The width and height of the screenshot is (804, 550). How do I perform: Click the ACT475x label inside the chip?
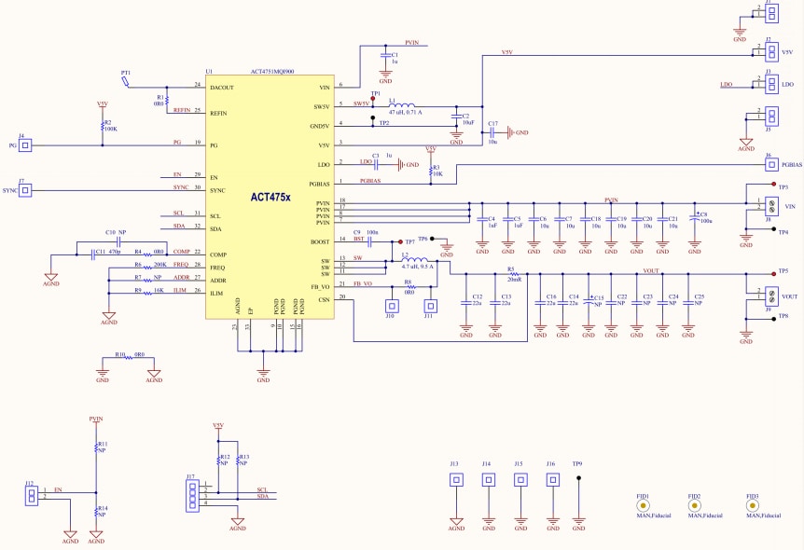[x=270, y=198]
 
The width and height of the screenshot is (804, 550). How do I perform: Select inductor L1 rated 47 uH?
[x=404, y=104]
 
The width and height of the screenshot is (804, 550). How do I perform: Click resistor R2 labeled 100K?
[x=102, y=125]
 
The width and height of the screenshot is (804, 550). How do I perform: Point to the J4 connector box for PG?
[x=26, y=145]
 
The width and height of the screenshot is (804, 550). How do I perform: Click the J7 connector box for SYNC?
[x=26, y=190]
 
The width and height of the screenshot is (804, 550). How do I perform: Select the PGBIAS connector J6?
[x=769, y=165]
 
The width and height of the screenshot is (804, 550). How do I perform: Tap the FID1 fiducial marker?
[x=644, y=504]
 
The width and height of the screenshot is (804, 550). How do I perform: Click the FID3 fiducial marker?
[x=753, y=504]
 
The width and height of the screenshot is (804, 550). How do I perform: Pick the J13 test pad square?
[x=456, y=480]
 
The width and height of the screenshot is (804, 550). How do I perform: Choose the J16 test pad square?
[x=551, y=480]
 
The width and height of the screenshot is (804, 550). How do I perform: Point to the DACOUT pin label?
[x=223, y=86]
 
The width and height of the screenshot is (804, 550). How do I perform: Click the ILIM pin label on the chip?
[x=217, y=293]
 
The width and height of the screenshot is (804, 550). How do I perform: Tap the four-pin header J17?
[x=191, y=495]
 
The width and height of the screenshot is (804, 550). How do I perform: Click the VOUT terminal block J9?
[x=770, y=296]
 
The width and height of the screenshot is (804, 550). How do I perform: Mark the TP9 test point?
[x=578, y=478]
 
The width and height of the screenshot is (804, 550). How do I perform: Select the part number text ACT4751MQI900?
[x=272, y=71]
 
